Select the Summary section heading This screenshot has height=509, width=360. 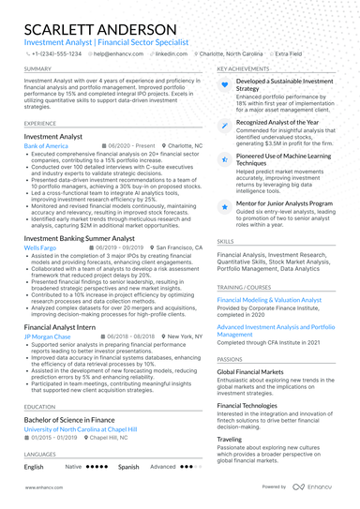click(38, 69)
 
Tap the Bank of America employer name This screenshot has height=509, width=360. click(47, 147)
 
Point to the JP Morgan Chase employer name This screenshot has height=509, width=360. click(48, 336)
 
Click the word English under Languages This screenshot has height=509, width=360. click(34, 466)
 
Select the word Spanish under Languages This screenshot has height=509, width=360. click(128, 466)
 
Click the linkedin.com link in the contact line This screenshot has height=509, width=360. click(171, 55)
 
